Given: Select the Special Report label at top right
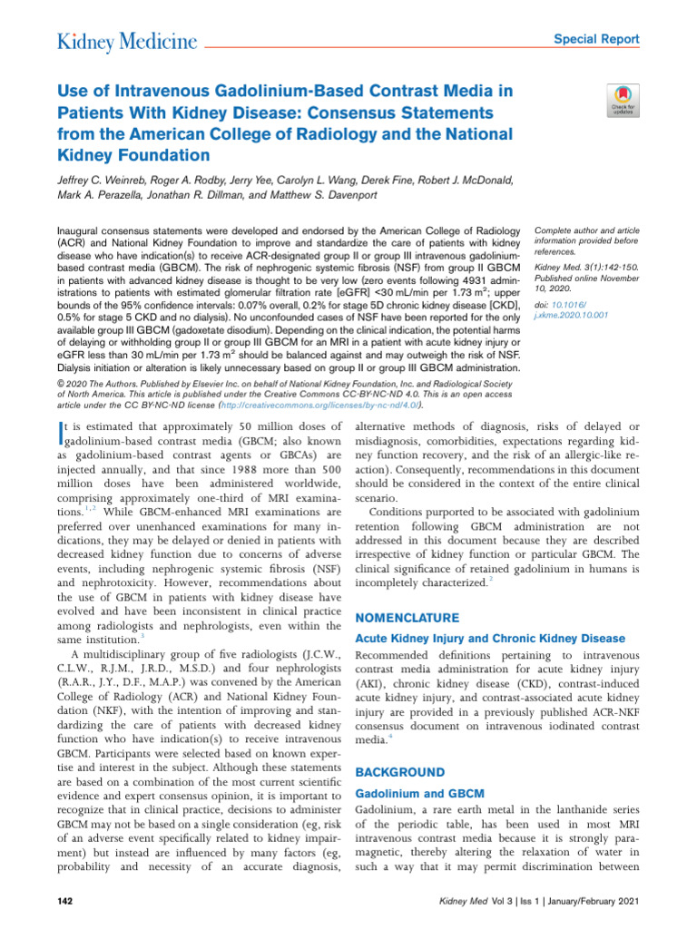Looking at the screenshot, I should click(596, 40).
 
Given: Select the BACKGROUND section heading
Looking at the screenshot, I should click(399, 772).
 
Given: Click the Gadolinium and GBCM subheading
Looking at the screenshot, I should click(417, 793).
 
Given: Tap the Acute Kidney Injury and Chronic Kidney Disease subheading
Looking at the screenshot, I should click(490, 638).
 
